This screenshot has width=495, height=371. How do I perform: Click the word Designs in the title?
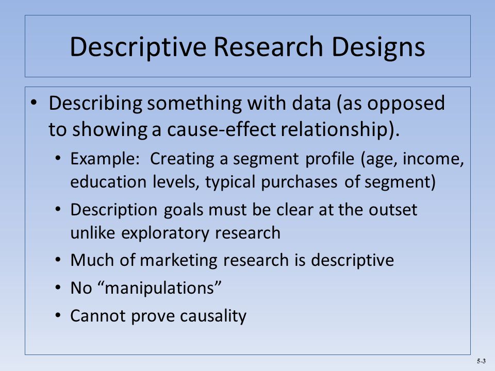378,47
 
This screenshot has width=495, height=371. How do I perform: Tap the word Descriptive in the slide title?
138,47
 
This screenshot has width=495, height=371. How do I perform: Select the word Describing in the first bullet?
95,104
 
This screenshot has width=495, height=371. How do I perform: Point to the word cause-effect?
221,129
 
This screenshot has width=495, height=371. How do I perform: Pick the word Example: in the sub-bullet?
105,159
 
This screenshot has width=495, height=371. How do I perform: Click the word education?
108,182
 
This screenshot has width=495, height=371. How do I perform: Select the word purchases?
299,182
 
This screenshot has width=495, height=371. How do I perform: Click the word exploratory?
165,233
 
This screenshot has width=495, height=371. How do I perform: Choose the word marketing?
178,261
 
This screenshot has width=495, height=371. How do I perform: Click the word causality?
213,316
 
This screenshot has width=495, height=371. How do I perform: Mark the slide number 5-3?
481,361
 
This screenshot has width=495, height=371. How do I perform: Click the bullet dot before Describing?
34,103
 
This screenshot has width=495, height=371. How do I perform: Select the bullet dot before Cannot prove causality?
57,315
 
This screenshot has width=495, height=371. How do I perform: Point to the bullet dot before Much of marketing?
57,260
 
